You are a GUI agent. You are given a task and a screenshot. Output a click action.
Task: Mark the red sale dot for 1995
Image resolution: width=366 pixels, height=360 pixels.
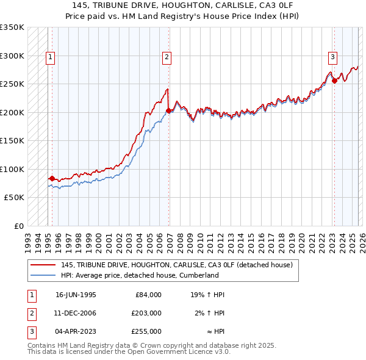[x=52, y=179]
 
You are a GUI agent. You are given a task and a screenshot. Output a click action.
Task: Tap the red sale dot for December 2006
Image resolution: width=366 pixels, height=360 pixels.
[x=169, y=111]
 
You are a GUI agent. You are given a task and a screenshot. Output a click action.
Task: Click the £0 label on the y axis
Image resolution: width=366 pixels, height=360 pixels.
[x=18, y=226]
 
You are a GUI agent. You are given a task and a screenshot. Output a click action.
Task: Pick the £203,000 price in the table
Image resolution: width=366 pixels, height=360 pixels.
[x=147, y=312]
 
